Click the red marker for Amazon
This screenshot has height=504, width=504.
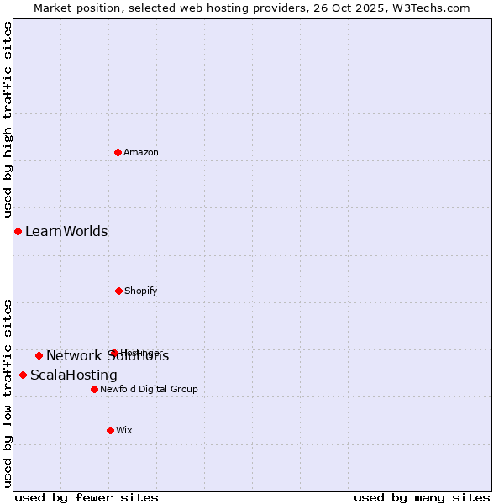point(118,152)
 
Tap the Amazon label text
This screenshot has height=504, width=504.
point(141,152)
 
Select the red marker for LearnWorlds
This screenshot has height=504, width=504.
point(18,231)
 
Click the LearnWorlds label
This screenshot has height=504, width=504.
point(66,232)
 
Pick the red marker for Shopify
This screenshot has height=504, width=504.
point(118,291)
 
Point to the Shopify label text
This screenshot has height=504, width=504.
point(141,291)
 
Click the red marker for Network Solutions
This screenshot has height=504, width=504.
point(39,355)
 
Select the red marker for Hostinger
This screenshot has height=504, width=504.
point(113,353)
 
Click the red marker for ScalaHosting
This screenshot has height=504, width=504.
point(23,375)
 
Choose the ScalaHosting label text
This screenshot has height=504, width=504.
point(74,375)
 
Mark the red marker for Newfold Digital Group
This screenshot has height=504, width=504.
point(94,389)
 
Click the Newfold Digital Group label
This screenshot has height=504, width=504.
point(150,389)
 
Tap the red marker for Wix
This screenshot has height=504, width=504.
point(110,430)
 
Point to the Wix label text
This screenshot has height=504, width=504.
point(124,430)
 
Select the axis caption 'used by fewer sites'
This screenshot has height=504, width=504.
point(87,497)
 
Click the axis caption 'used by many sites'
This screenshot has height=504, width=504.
point(422,497)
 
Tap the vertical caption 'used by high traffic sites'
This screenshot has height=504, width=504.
point(8,119)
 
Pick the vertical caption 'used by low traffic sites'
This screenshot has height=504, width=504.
point(8,392)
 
